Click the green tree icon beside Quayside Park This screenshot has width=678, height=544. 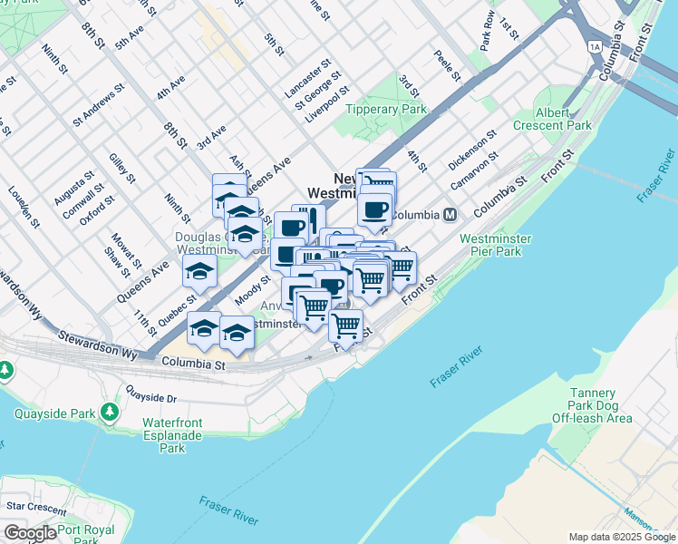pos(111,413)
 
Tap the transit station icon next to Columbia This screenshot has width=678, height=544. pos(449,215)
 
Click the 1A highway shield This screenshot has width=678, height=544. pos(595,44)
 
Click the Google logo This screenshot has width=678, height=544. pos(30,532)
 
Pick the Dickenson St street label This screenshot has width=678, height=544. pos(472,150)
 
